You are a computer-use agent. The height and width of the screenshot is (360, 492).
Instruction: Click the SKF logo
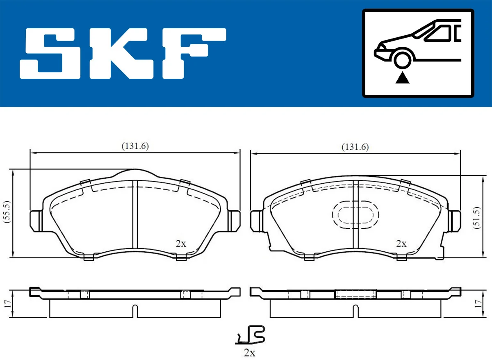(123, 53)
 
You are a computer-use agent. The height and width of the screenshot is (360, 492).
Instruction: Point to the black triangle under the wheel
(402, 77)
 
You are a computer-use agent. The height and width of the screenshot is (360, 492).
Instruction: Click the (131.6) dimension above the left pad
(134, 146)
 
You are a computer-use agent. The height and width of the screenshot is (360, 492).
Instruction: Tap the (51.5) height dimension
(476, 218)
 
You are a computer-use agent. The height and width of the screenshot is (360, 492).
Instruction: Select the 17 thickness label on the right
(476, 303)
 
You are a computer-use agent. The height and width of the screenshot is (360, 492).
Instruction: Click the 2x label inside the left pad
(180, 244)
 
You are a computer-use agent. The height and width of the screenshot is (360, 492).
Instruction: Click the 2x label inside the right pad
(401, 244)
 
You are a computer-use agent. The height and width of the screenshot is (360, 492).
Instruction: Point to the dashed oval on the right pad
(355, 214)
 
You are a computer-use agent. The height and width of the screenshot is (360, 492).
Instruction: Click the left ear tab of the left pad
(36, 221)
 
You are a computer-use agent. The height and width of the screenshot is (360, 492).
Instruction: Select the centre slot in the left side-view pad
(134, 311)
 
